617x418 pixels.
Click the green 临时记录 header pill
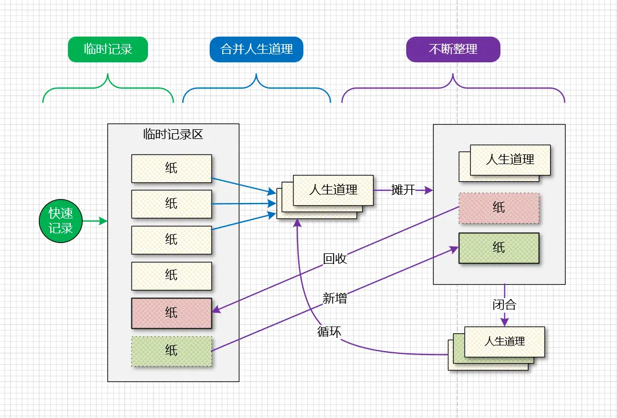[108, 49]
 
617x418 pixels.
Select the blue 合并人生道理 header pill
[257, 49]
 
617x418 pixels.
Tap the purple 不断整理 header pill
[453, 49]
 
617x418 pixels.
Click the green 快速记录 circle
[61, 221]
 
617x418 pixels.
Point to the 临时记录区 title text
[173, 135]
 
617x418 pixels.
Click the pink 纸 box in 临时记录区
[171, 313]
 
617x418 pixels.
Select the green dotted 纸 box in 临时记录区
[171, 351]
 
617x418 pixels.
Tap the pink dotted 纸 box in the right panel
[499, 208]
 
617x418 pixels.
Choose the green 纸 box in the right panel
[499, 248]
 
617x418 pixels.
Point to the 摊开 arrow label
[403, 190]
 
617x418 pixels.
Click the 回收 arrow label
[335, 259]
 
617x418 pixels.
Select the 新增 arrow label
[335, 298]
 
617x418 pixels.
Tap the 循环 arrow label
[329, 331]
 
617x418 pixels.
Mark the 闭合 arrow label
[504, 305]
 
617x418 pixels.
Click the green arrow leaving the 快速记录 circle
[95, 221]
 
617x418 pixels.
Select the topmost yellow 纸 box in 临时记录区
[171, 168]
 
